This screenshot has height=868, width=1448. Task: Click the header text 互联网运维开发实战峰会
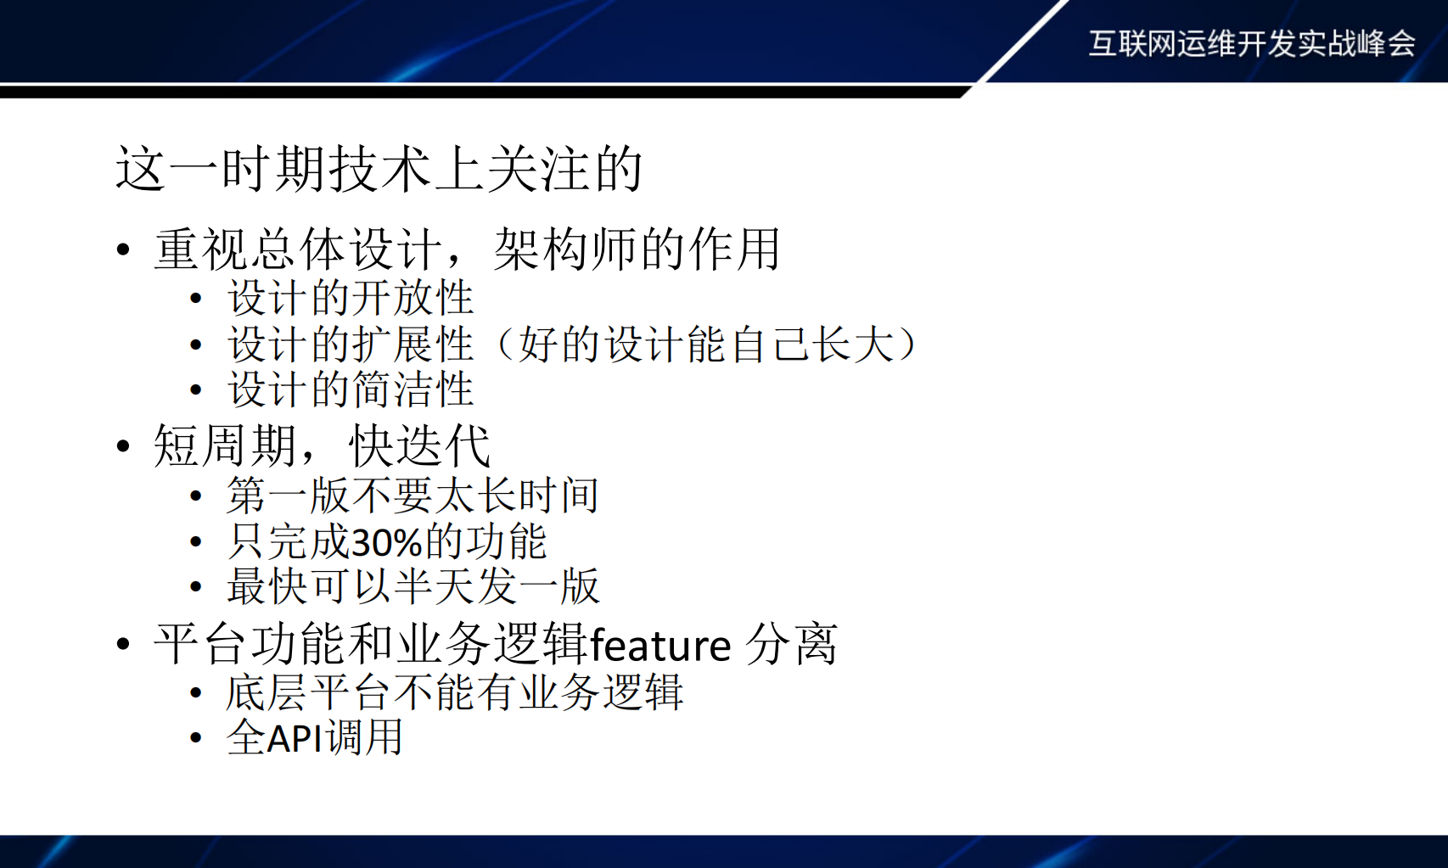coord(1251,43)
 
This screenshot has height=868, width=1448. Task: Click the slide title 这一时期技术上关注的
coord(379,168)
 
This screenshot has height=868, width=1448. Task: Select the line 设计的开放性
coord(350,298)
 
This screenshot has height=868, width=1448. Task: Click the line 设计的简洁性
coord(350,389)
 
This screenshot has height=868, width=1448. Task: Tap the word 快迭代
coord(419,445)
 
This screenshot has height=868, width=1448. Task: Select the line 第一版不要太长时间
coord(413,496)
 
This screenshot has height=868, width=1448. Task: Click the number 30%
coord(386,542)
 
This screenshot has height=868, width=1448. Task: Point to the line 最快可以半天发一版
coord(413,586)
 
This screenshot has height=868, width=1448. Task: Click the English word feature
coord(659,646)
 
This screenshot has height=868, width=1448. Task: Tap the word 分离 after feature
coord(791,644)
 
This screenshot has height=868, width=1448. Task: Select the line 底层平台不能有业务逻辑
coord(454,692)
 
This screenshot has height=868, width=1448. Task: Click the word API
coord(295,737)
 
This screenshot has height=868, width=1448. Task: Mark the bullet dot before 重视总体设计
coord(124,249)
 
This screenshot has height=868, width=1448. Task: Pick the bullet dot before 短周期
coord(124,446)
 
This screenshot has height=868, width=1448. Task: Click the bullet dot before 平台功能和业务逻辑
coord(124,644)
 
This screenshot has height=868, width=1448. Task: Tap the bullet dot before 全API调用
coord(196,738)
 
